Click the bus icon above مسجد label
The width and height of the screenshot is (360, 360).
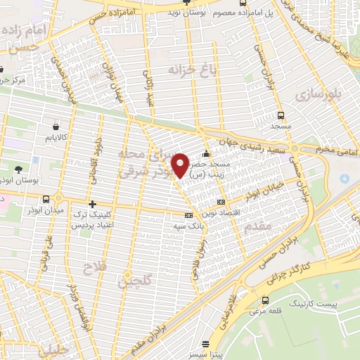coord(281,115)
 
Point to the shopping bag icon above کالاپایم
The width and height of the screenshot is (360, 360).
coord(55,127)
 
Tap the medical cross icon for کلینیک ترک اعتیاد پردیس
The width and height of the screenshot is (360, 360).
coord(92,204)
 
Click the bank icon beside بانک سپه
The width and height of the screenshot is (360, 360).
coord(188,216)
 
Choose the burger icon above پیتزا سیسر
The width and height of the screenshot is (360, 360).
coord(205,345)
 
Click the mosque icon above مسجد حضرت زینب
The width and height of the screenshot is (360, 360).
coord(205,155)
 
